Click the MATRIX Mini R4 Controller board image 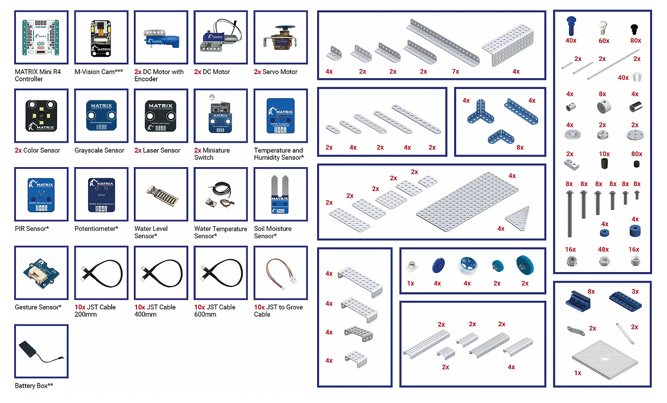41,37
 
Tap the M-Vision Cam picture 101,37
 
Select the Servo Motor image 280,37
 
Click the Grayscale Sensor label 99,150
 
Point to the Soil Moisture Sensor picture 280,194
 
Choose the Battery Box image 41,351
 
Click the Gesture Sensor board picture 41,273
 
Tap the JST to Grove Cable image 280,273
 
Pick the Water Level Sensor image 161,195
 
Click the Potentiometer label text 96,229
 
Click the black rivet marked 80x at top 634,30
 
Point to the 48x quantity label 603,249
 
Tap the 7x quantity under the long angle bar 456,71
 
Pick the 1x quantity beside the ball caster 411,283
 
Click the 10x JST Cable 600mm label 215,311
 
